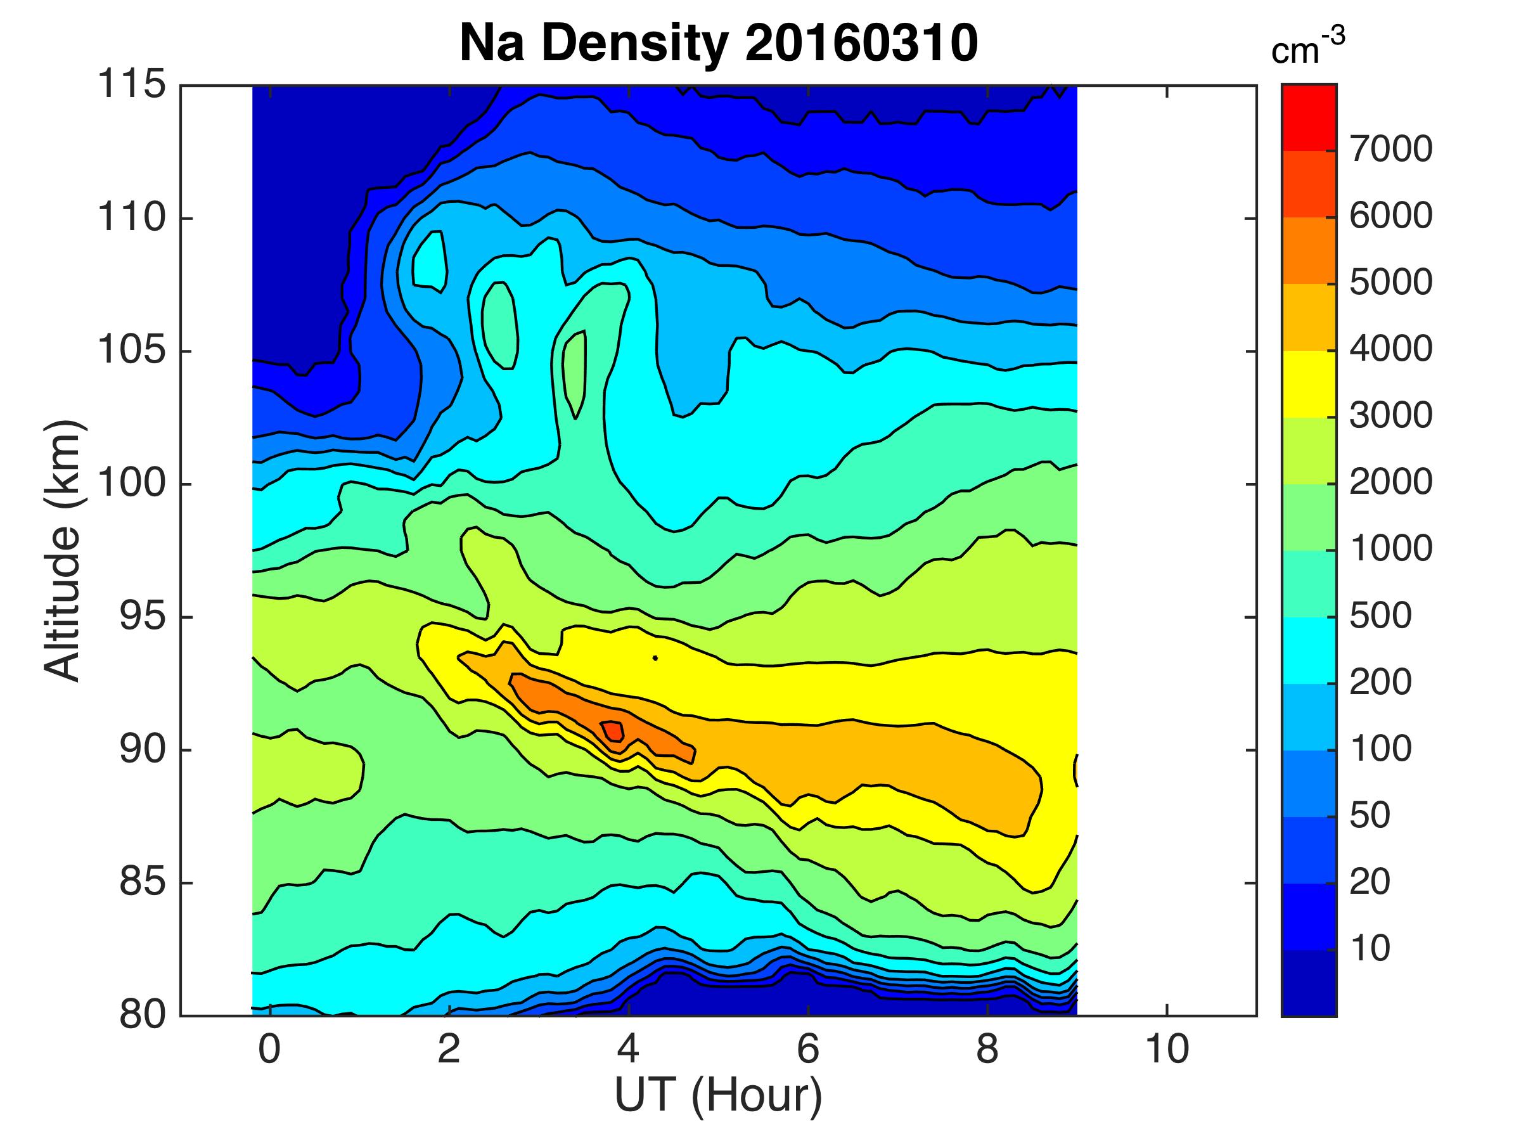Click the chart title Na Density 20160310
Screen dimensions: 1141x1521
click(x=718, y=42)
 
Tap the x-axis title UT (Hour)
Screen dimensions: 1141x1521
click(x=718, y=1095)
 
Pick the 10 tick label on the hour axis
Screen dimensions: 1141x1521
click(x=1167, y=1050)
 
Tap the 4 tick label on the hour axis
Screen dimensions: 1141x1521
click(x=629, y=1050)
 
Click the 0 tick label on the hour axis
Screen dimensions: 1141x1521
click(x=269, y=1050)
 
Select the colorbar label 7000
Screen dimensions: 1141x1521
click(x=1390, y=149)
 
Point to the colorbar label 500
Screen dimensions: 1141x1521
click(x=1380, y=616)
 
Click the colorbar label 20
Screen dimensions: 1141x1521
click(x=1370, y=882)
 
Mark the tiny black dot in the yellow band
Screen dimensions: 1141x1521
click(x=655, y=658)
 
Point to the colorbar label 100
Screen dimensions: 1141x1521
click(x=1380, y=750)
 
